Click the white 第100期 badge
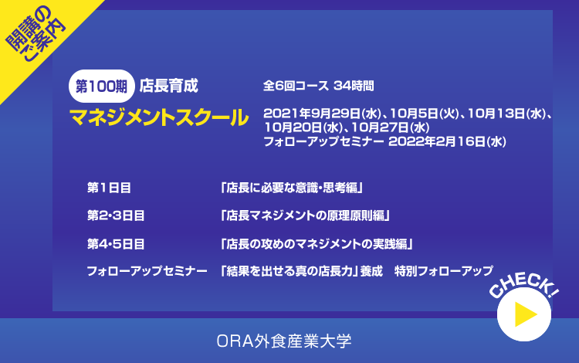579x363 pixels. (102, 86)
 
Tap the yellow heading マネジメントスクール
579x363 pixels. (159, 117)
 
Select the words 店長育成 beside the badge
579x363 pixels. (169, 86)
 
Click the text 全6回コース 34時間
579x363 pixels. (318, 86)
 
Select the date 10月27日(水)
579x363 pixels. (391, 127)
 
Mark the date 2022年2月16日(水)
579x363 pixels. (447, 141)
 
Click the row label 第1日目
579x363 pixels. (109, 188)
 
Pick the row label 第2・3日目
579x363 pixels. (116, 215)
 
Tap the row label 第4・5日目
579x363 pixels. (116, 244)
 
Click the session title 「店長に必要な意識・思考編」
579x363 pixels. (291, 188)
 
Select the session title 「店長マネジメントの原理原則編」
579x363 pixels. (305, 215)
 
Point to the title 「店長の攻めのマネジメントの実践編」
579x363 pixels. (316, 244)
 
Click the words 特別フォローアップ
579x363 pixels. (443, 271)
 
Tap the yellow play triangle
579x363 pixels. (523, 314)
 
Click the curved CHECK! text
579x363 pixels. (523, 284)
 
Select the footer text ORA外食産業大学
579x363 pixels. (284, 341)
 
